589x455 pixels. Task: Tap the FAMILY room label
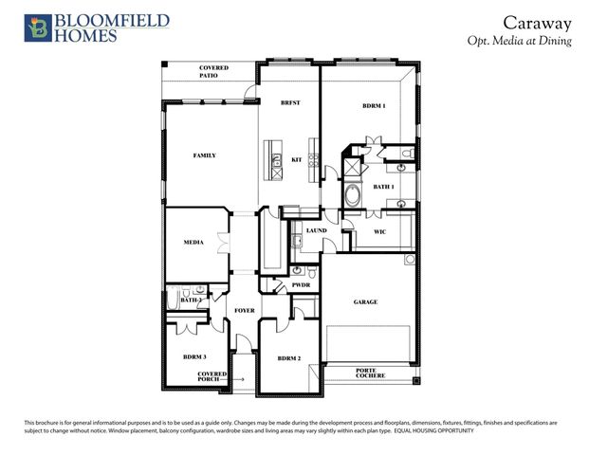(205, 155)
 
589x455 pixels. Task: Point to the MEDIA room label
(194, 244)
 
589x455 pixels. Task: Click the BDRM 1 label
(374, 106)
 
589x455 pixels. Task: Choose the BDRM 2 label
(289, 358)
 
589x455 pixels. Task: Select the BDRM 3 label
(195, 357)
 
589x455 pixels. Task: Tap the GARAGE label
(366, 302)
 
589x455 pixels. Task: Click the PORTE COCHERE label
(371, 373)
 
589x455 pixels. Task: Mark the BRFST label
(290, 103)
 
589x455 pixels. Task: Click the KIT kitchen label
(296, 159)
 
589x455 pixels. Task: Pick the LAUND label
(316, 230)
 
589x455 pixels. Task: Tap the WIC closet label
(379, 230)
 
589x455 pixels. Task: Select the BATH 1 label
(383, 188)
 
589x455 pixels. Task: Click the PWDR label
(301, 285)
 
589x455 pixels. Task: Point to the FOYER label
(244, 310)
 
